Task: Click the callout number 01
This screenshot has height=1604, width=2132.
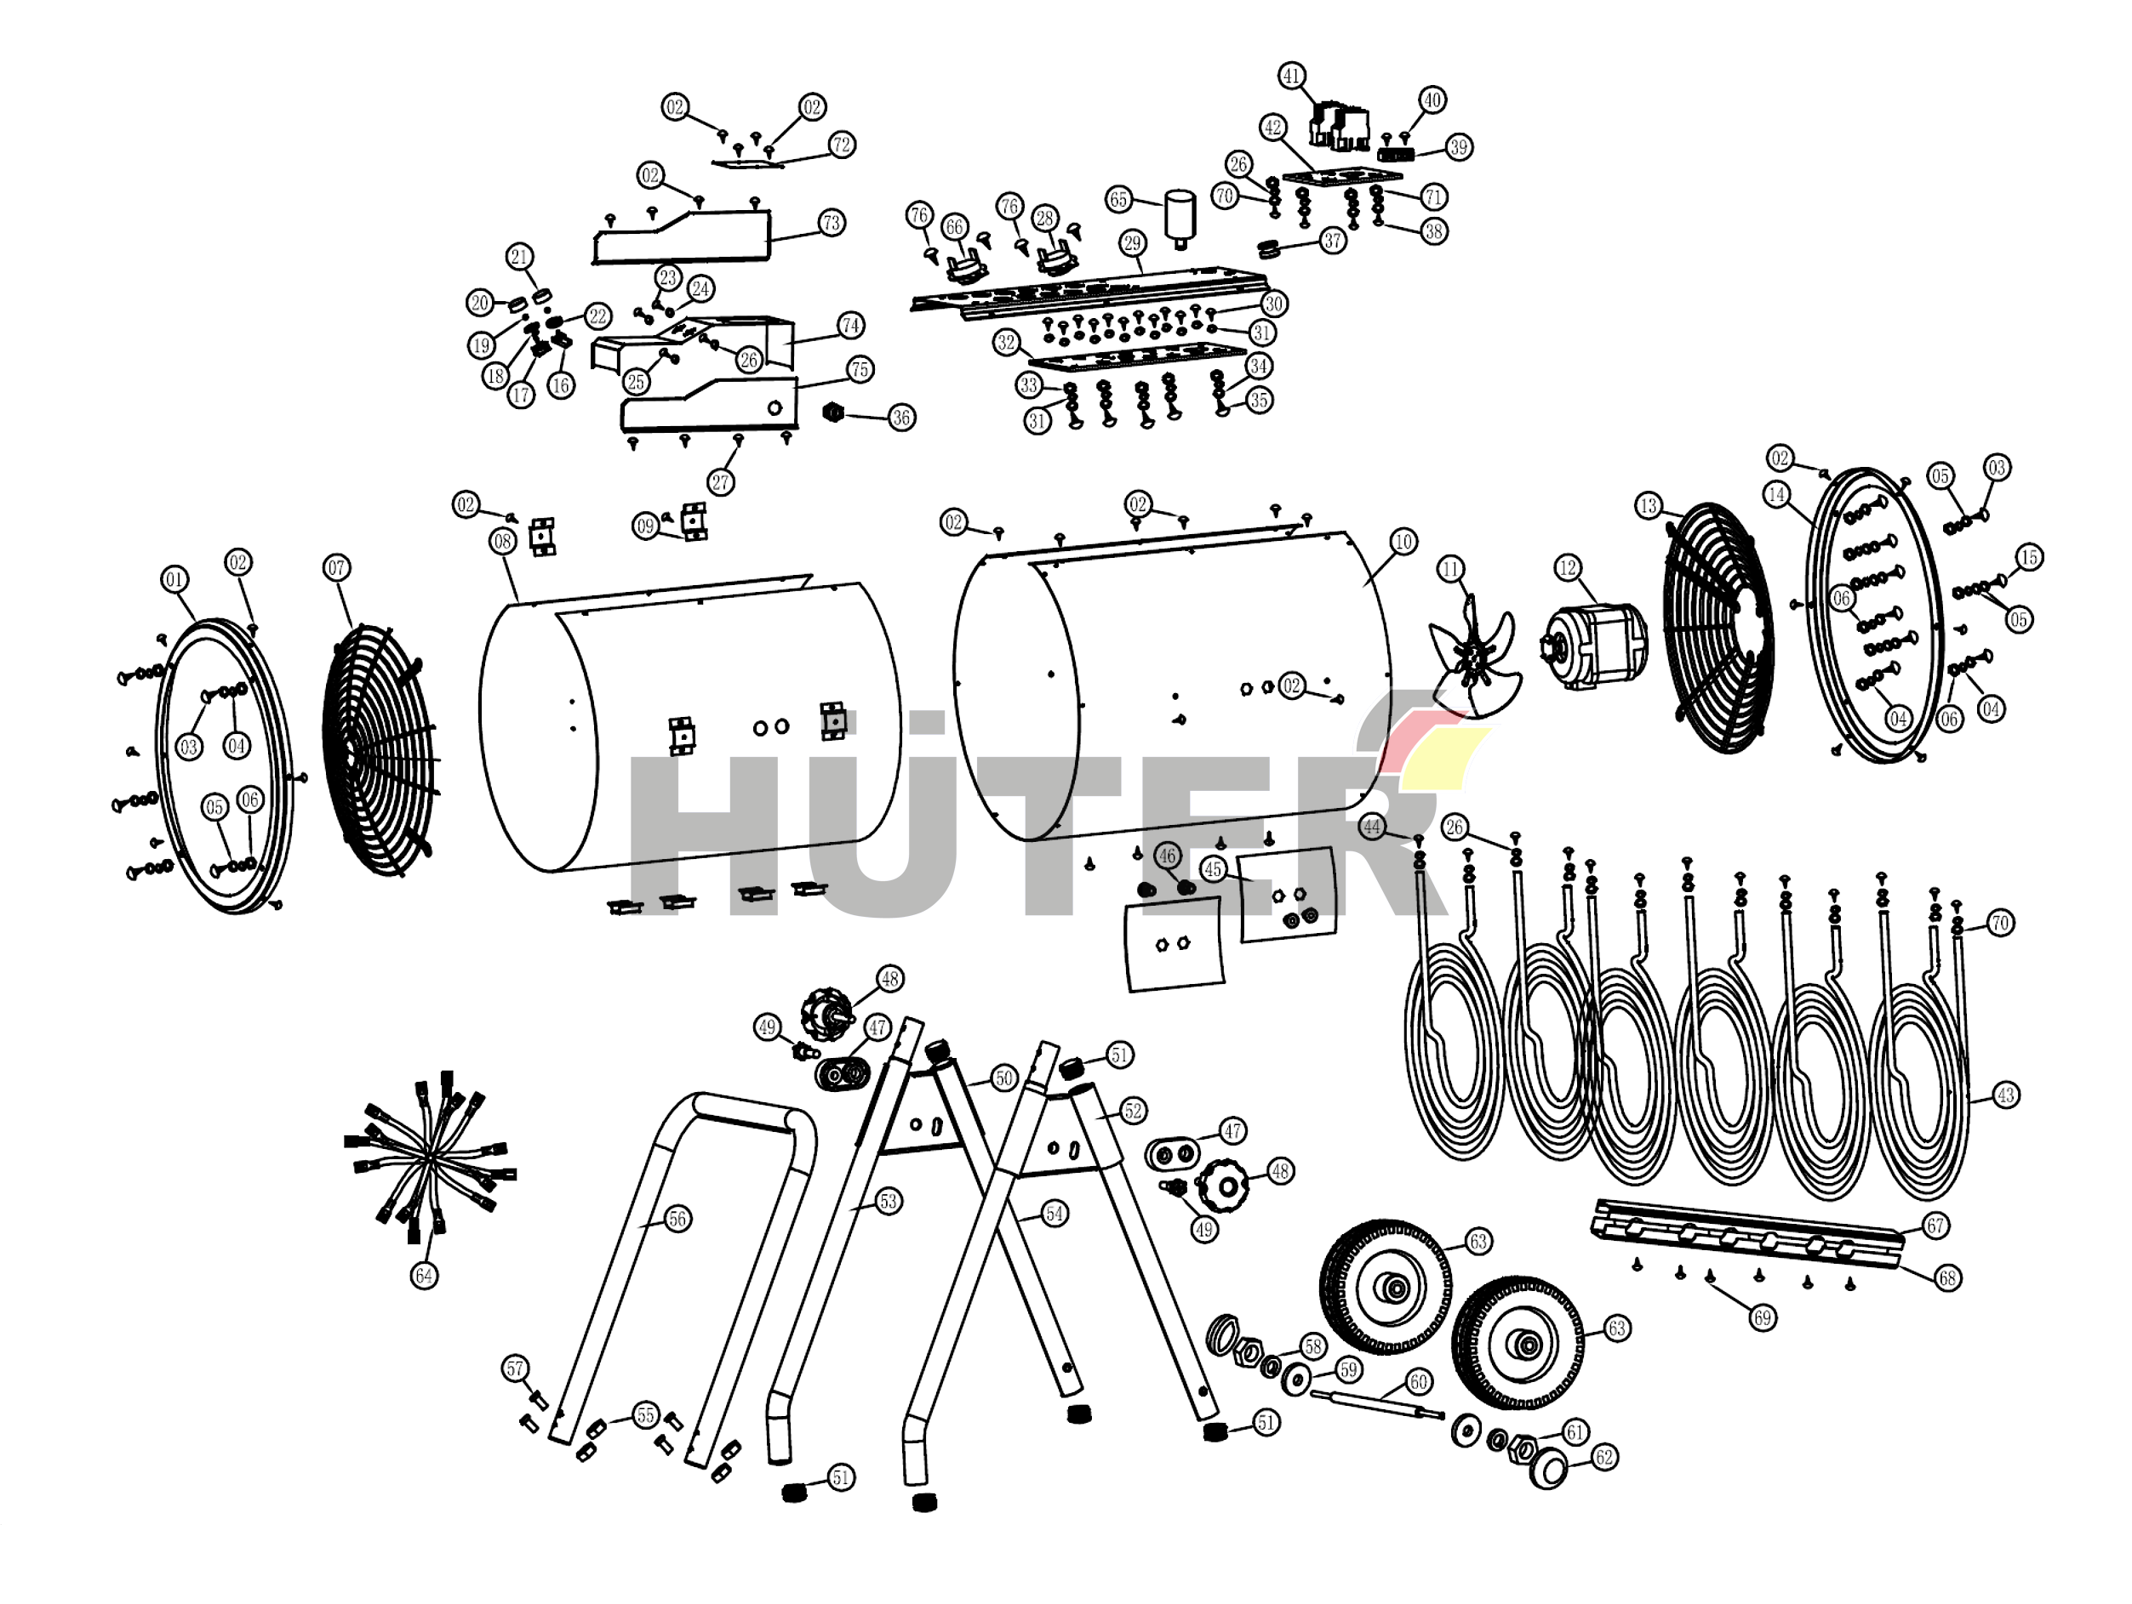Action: point(174,579)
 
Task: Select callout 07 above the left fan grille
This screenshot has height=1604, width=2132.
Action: point(336,567)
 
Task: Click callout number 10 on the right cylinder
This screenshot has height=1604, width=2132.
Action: point(1403,542)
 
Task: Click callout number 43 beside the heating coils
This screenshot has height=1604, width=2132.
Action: point(2006,1095)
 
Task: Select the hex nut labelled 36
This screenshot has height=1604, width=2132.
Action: point(832,413)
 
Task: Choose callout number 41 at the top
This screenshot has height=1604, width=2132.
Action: point(1291,75)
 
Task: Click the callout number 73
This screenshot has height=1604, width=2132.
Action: point(832,223)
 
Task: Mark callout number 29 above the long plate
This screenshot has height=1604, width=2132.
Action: point(1133,242)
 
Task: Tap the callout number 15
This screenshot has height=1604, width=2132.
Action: point(2029,557)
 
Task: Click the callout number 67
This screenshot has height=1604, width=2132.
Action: point(1936,1226)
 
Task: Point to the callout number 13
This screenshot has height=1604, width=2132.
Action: point(1649,506)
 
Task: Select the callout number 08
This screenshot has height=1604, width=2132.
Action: point(502,542)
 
